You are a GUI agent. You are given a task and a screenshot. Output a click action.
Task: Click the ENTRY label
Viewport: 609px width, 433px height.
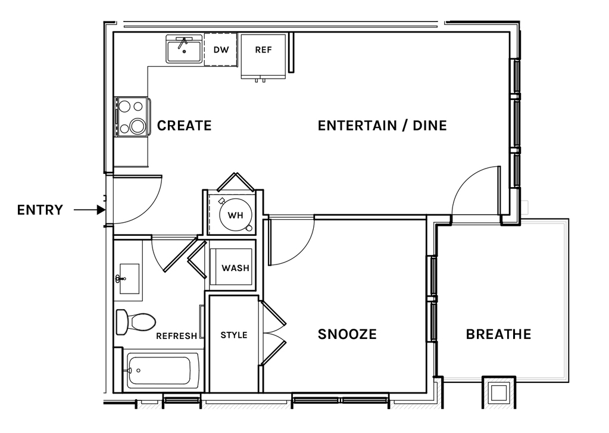coord(40,210)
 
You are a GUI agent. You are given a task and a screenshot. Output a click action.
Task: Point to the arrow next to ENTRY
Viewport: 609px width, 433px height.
coord(90,210)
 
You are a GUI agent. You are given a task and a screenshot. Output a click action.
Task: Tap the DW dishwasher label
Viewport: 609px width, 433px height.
coord(221,50)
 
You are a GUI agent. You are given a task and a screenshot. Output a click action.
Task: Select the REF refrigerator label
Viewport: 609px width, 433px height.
coord(263,50)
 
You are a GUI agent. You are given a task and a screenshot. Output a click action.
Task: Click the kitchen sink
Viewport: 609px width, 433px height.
coord(184,49)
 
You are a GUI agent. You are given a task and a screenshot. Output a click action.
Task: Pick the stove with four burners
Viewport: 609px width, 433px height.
coord(132,117)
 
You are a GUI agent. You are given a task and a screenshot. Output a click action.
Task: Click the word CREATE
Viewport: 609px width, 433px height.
coord(184,126)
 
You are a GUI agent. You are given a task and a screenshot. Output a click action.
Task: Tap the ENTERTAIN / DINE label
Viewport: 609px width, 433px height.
coord(382,126)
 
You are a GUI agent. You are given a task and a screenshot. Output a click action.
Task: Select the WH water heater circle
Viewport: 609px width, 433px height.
coord(235,214)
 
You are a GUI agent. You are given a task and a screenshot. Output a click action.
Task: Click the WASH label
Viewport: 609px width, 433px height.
coord(235,268)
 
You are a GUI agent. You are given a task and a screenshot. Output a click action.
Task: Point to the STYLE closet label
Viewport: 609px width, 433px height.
coord(234,335)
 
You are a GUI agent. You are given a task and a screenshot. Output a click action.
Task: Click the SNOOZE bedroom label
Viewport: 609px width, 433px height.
coord(347,334)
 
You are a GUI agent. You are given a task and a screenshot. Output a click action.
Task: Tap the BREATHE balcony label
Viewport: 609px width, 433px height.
coord(498,334)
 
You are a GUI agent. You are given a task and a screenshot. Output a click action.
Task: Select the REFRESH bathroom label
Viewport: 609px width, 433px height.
coord(177,336)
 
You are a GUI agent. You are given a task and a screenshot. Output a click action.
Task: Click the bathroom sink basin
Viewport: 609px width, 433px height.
coord(129,279)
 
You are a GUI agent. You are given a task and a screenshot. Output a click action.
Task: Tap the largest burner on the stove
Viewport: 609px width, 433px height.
coord(138,126)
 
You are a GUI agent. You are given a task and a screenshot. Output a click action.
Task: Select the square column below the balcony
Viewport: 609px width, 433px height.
coord(499,392)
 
